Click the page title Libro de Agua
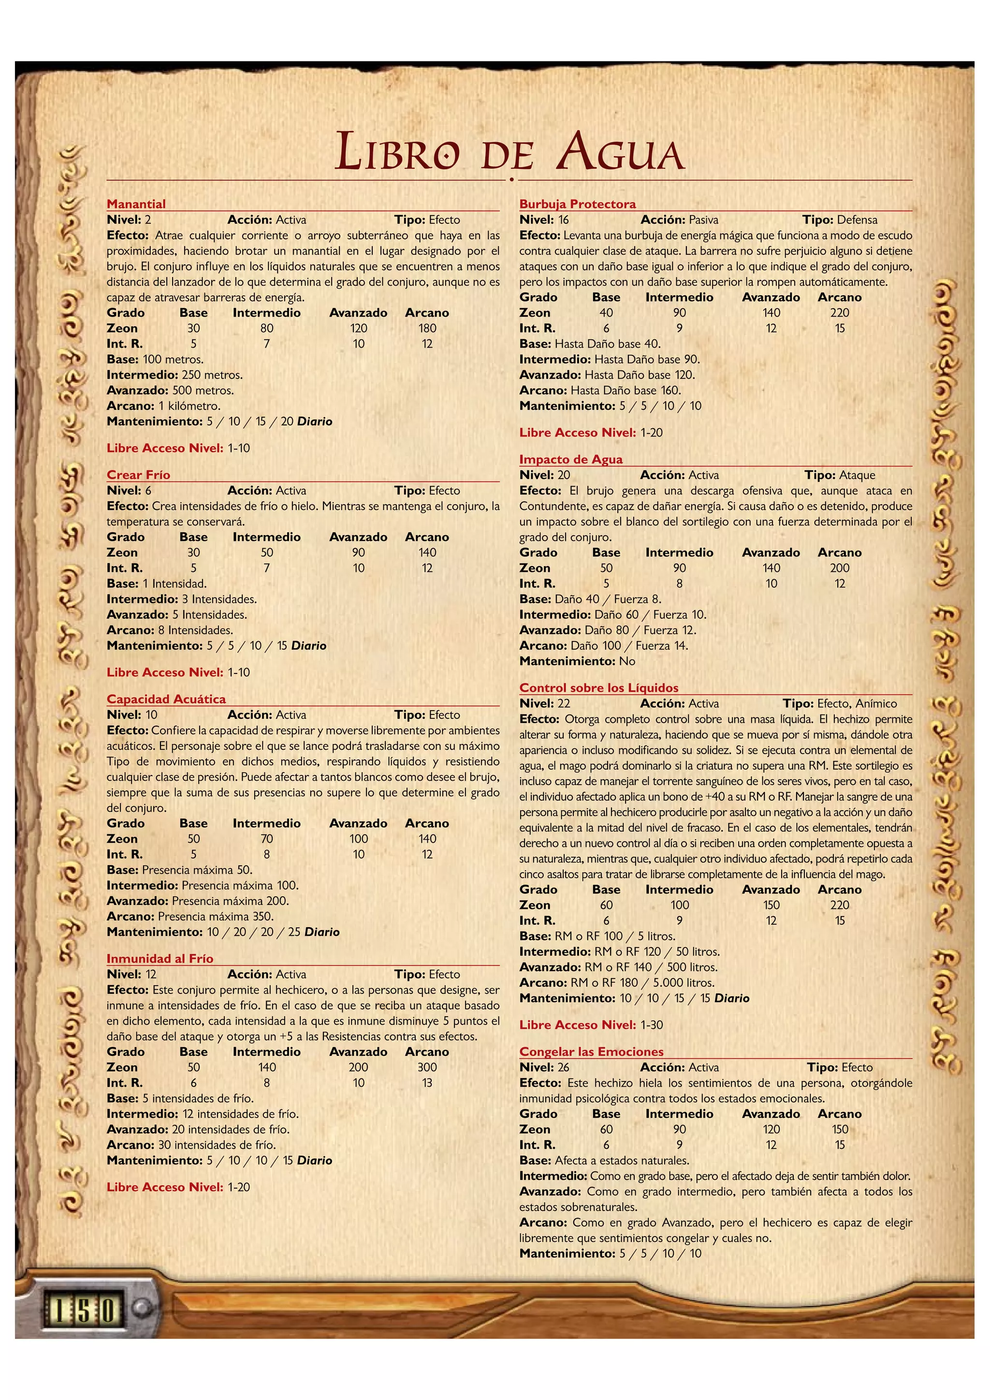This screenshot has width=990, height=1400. click(510, 152)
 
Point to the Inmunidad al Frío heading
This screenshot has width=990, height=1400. click(160, 959)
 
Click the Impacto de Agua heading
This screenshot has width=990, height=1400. click(570, 459)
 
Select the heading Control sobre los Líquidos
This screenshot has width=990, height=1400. click(598, 688)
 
